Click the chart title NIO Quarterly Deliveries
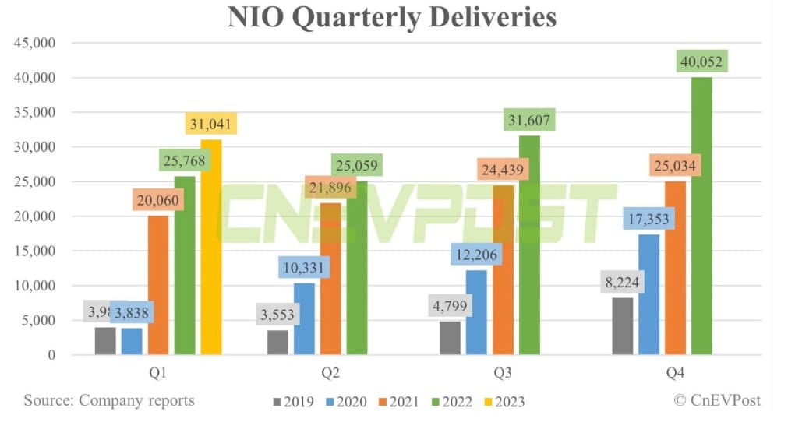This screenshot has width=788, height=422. [392, 17]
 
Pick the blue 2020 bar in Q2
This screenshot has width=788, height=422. [304, 318]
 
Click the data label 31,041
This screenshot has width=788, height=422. [210, 123]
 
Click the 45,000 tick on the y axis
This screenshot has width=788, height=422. [33, 43]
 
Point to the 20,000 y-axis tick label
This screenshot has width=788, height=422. [33, 216]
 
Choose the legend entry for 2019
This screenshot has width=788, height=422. [294, 402]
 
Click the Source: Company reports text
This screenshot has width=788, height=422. [108, 400]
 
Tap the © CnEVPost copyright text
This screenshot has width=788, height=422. [716, 400]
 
